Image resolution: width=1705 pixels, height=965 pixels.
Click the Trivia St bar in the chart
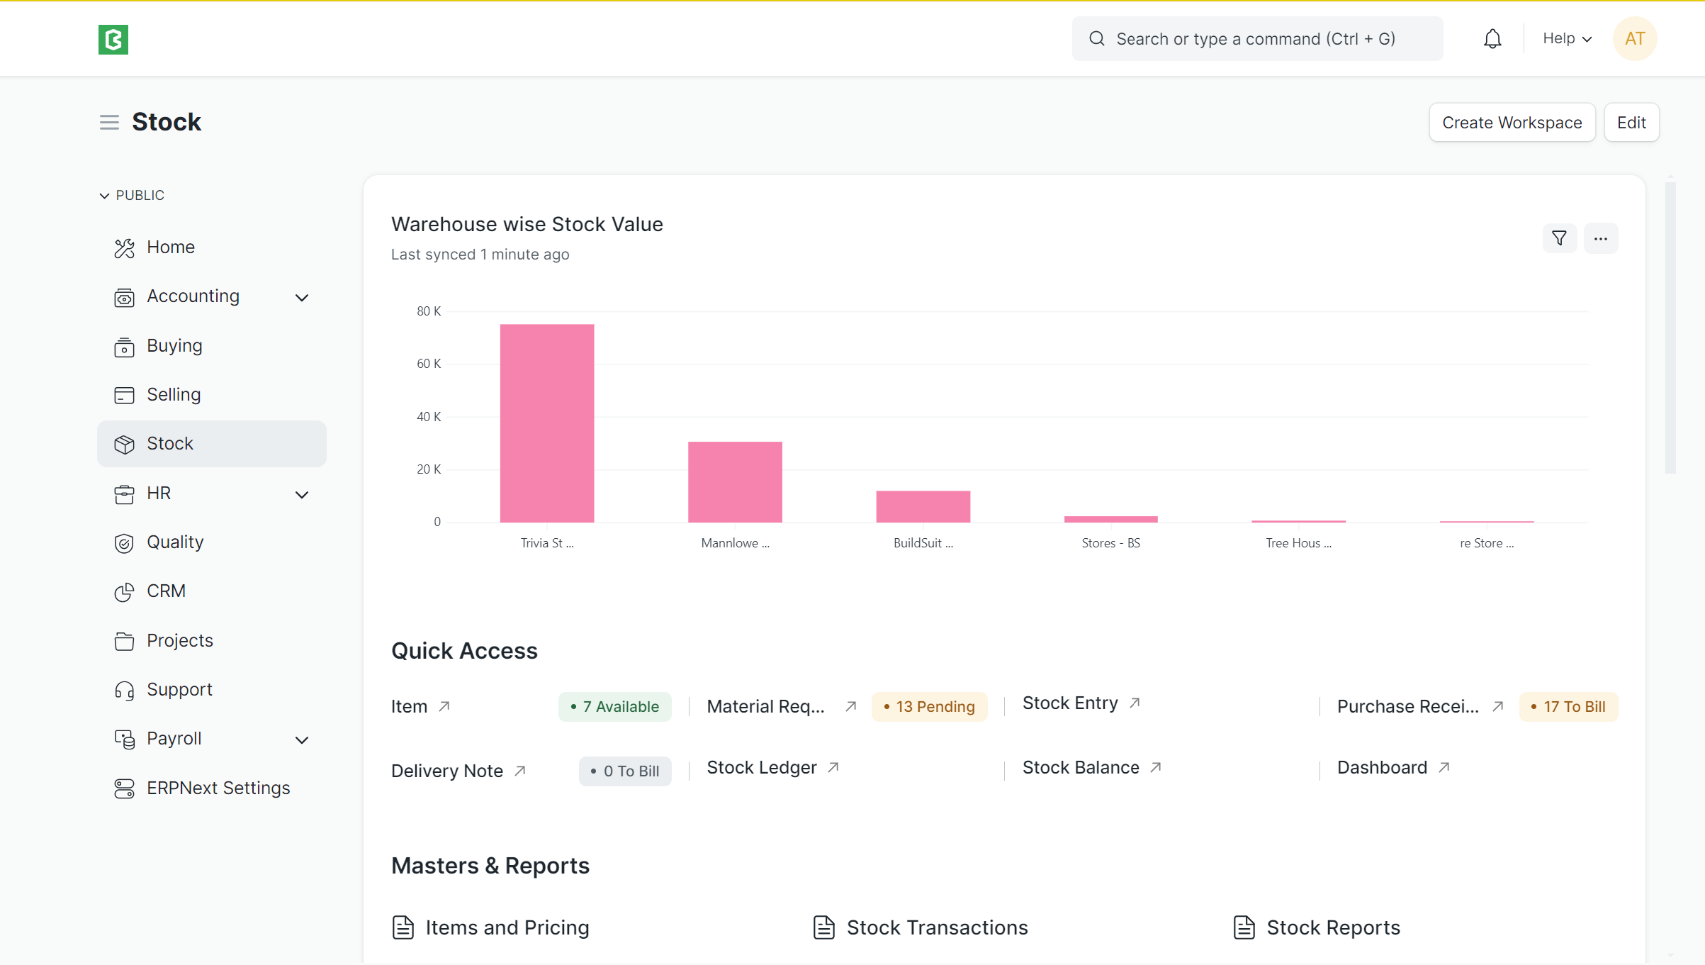click(547, 423)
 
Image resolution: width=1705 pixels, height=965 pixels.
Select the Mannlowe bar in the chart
click(735, 482)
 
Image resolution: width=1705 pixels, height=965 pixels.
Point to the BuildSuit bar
click(923, 506)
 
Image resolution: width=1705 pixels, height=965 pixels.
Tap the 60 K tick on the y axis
click(429, 364)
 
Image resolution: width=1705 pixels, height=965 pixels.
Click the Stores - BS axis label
click(1110, 543)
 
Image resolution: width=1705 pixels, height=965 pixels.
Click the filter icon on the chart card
click(1559, 238)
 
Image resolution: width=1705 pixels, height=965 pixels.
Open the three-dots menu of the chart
click(1601, 238)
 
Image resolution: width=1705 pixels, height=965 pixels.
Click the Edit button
click(1631, 123)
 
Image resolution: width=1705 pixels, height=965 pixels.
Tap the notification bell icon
click(1492, 39)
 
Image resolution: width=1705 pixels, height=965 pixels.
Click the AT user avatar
click(1635, 39)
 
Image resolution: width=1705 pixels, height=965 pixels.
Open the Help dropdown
click(1567, 39)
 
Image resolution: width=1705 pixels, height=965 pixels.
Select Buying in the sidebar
click(174, 346)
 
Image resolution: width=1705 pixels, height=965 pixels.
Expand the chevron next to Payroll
click(302, 740)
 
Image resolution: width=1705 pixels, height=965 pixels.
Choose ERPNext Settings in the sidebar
click(218, 788)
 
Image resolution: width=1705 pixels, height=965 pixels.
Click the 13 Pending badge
click(929, 707)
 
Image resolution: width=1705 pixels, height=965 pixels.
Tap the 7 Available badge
click(614, 707)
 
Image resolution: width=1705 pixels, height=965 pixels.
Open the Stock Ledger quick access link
click(763, 768)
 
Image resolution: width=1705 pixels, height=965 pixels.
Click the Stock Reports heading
click(1333, 928)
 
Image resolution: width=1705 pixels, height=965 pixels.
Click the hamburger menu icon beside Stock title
click(109, 123)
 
